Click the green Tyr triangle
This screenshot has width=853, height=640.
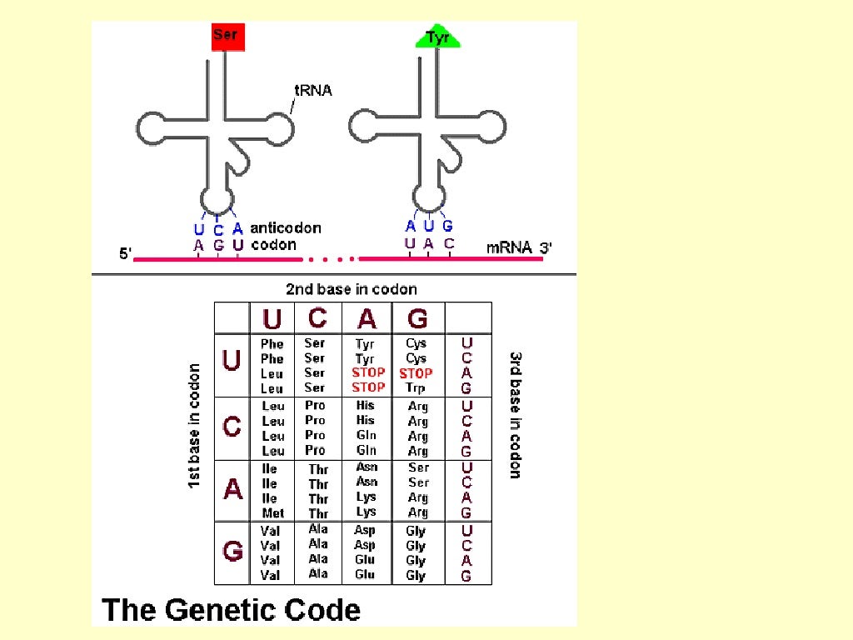(x=438, y=37)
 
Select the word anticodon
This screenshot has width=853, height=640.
(x=286, y=227)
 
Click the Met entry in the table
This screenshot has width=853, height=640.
(x=272, y=513)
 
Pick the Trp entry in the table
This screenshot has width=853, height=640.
(x=417, y=388)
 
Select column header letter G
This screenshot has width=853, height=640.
(x=417, y=317)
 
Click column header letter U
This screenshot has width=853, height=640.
(x=272, y=318)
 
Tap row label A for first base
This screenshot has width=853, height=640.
(x=233, y=490)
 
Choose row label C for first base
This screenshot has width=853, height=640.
(x=233, y=427)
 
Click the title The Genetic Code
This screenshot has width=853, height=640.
(x=231, y=609)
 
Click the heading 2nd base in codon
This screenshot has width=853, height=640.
(x=351, y=289)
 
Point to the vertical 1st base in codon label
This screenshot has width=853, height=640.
(x=194, y=425)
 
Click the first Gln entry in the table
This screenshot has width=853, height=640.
(x=366, y=435)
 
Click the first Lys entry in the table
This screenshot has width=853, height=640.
(x=366, y=497)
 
